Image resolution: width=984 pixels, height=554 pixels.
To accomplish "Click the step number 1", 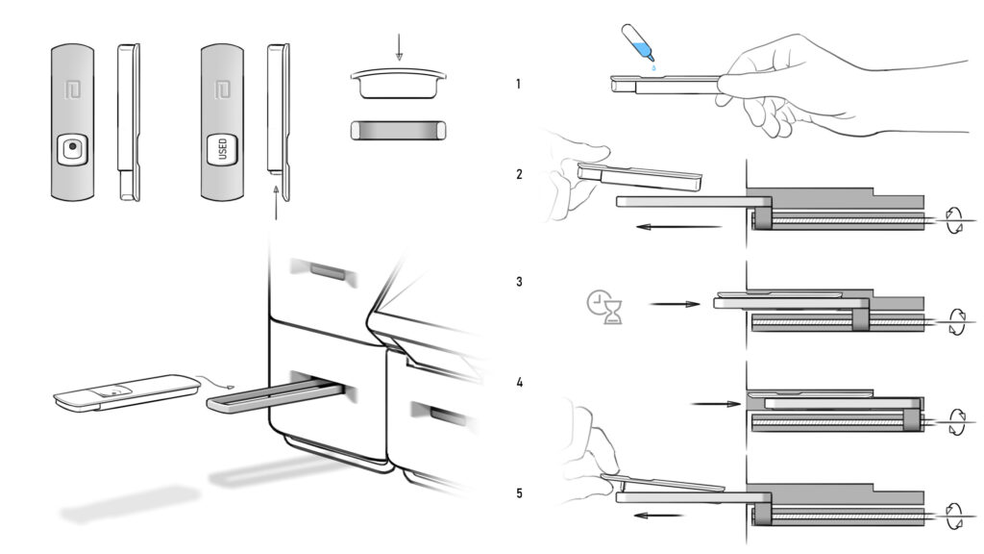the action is pos(518,84).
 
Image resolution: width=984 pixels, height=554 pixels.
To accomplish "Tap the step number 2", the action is pos(519,174).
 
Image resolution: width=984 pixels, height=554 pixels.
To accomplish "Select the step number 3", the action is pos(519,282).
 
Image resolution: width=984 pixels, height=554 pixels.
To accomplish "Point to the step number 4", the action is pos(519,382).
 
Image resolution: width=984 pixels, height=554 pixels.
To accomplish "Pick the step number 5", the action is pos(519,493).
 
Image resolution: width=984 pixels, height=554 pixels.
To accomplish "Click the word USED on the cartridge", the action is pos(222,149).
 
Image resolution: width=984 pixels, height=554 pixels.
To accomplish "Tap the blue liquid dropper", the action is pos(638,45).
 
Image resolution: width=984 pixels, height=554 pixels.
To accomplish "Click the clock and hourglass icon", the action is pos(605,307).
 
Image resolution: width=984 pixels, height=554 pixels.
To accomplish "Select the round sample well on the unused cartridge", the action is pos(73,147).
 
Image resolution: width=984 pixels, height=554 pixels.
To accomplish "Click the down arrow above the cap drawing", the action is pos(399,47).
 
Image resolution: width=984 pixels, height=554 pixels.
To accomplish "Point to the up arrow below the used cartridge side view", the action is pos(276,202).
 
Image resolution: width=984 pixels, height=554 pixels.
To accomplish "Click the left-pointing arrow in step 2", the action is pos(678,227).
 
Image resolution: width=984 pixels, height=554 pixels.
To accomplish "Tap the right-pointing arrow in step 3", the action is pos(675,304).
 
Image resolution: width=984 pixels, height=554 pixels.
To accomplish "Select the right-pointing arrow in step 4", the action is pos(715,404).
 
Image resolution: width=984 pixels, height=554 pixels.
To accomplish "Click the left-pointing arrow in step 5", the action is pos(658,516).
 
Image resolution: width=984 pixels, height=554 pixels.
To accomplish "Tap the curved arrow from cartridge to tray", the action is pos(214,381).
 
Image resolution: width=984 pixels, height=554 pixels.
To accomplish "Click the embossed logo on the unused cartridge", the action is pos(73,89).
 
